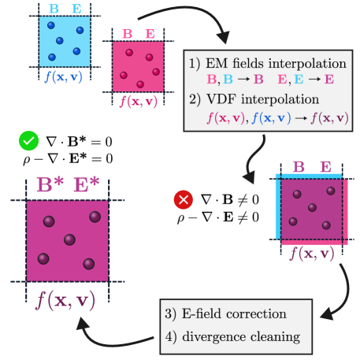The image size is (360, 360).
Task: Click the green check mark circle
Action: (x=29, y=141)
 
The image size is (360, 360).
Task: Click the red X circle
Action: (x=184, y=200)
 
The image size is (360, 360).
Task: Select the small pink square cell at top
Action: (x=138, y=67)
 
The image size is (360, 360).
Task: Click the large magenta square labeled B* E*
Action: (x=66, y=240)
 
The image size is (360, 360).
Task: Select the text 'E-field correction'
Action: (x=236, y=314)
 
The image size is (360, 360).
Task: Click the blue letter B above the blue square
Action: (x=54, y=9)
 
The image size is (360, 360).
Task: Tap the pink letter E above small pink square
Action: (x=150, y=34)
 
